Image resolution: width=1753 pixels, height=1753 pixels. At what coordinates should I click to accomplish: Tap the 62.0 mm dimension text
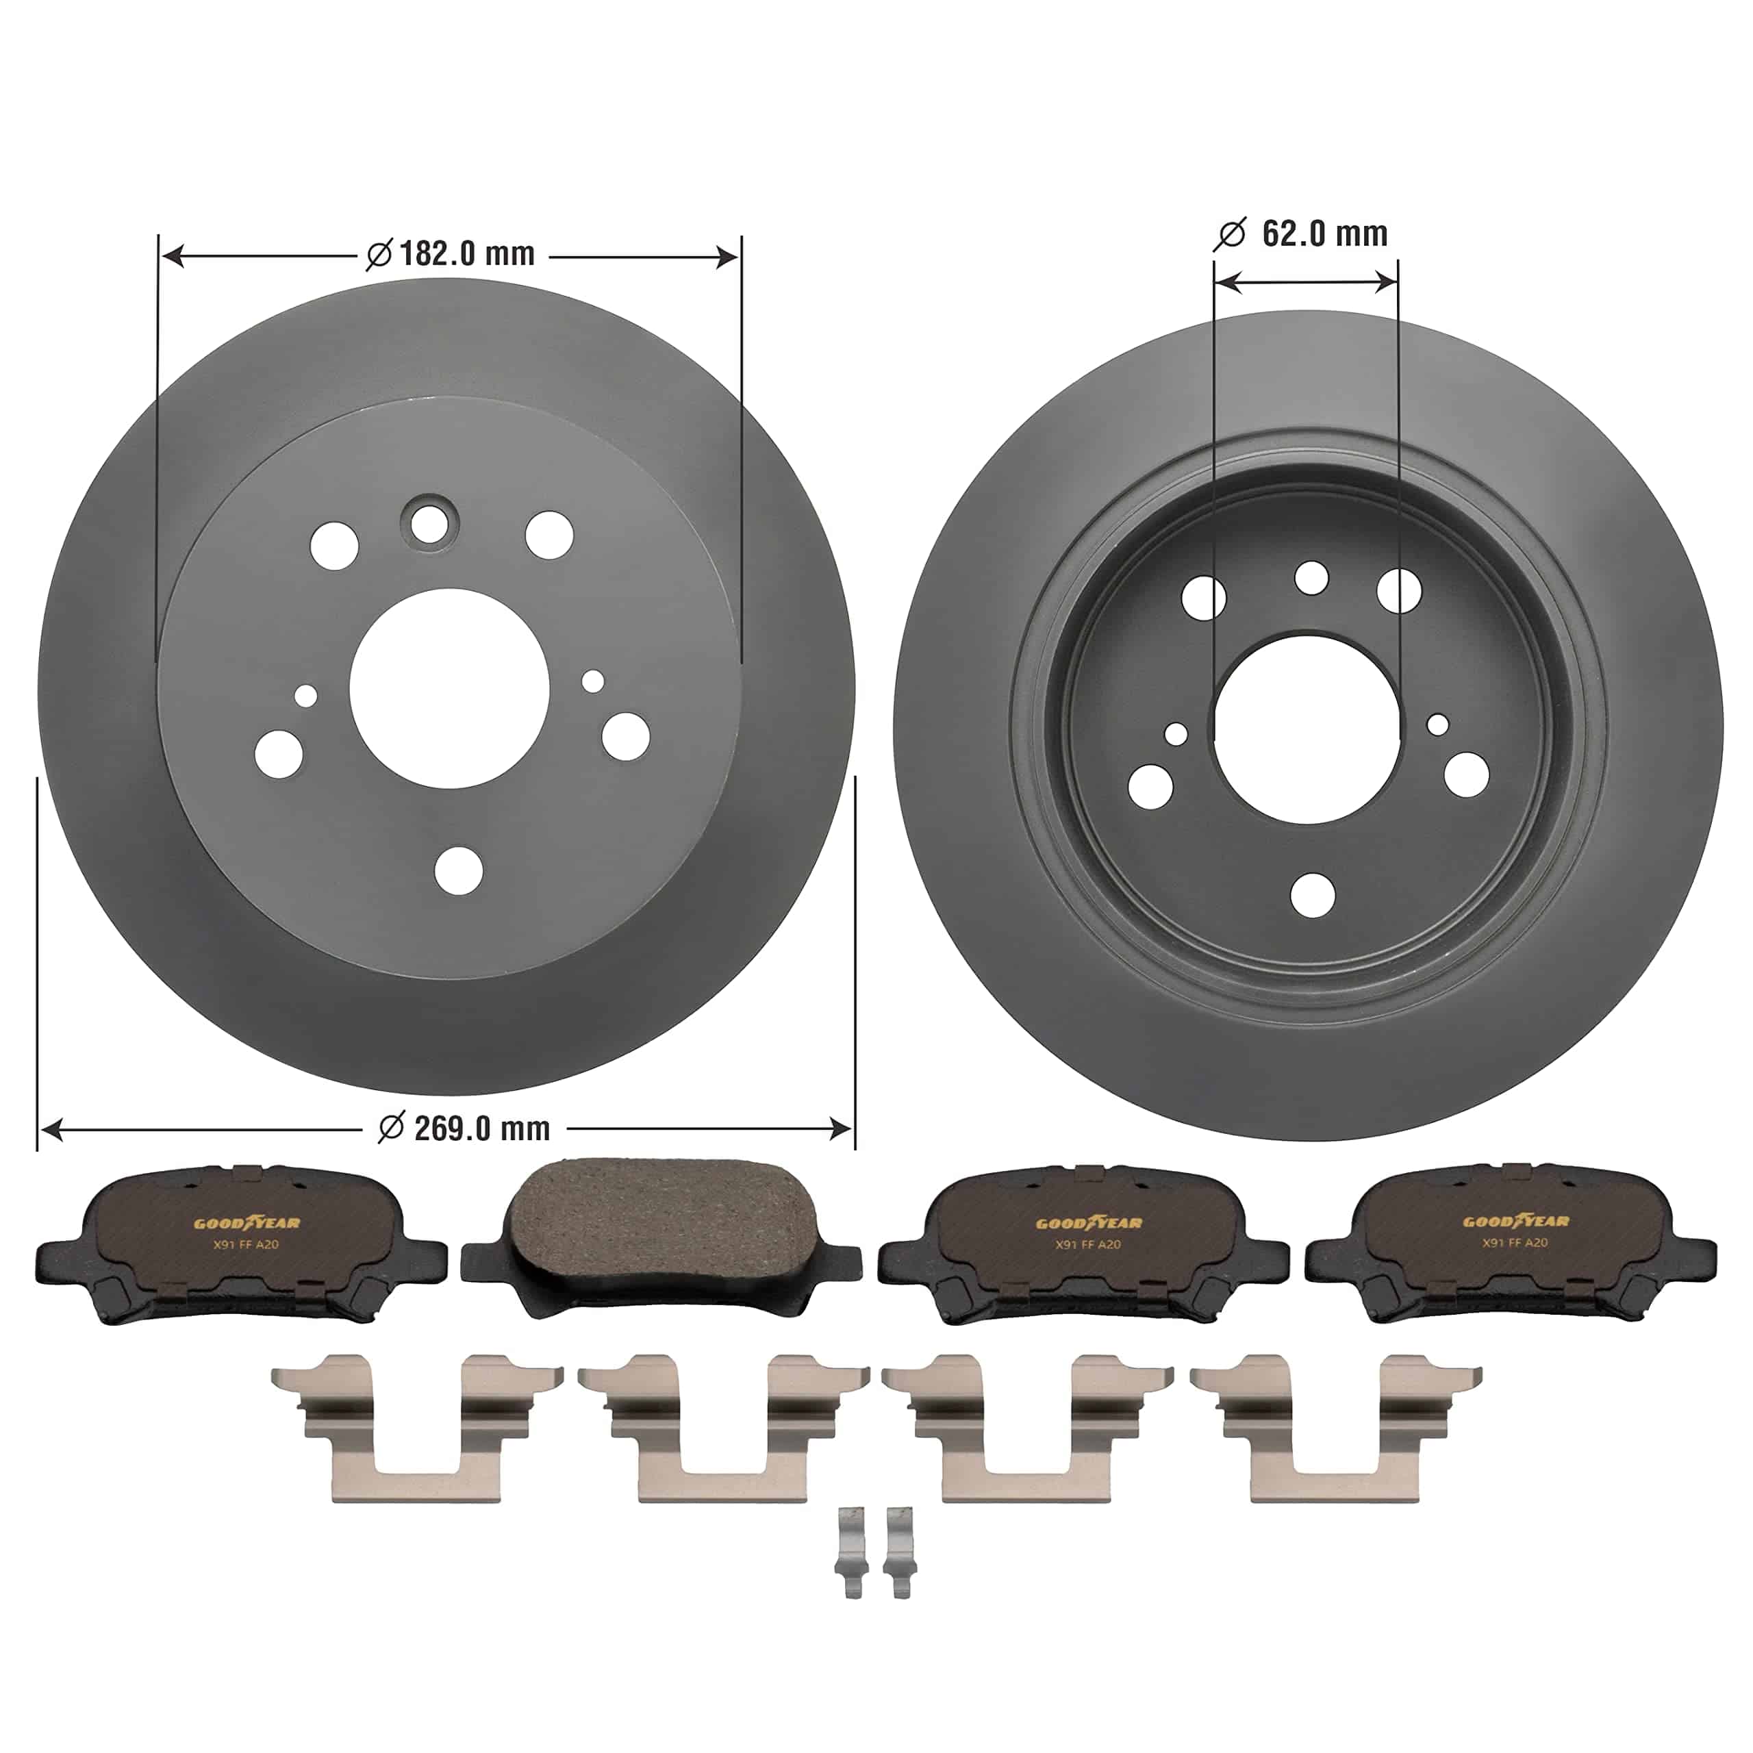click(x=1324, y=234)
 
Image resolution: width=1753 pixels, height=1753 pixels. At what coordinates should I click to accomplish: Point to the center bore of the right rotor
click(x=1307, y=729)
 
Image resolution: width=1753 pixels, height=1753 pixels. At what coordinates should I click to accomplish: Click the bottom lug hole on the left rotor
click(x=458, y=871)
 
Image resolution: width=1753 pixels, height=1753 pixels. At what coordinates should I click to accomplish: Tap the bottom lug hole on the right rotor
click(x=1312, y=895)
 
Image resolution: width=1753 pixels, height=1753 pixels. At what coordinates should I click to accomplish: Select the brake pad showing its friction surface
click(x=661, y=1236)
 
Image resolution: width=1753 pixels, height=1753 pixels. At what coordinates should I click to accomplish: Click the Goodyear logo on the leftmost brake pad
click(x=247, y=1223)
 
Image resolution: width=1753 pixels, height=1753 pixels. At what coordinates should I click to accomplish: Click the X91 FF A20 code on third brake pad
click(x=1088, y=1245)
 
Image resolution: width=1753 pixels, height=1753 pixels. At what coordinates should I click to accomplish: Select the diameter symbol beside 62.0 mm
click(x=1231, y=235)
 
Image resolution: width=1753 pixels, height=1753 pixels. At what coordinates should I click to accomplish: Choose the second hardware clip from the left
click(x=723, y=1430)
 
